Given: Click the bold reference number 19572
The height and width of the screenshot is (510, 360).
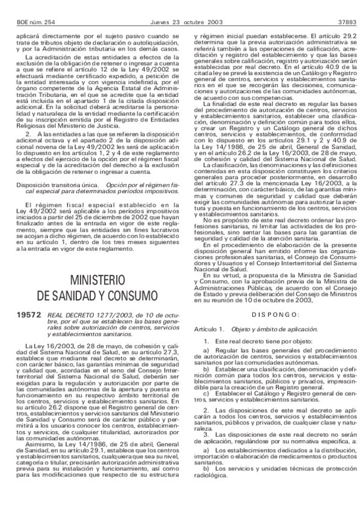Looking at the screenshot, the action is [x=29, y=313].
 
